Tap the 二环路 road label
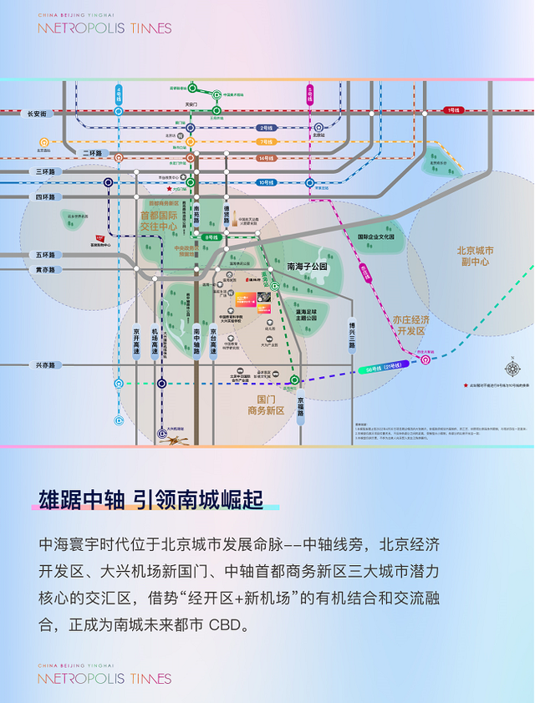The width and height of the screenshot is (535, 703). pyautogui.click(x=93, y=153)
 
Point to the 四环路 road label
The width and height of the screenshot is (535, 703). pyautogui.click(x=45, y=197)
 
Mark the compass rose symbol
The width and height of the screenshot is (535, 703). pyautogui.click(x=512, y=368)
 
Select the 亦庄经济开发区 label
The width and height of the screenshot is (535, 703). pyautogui.click(x=410, y=324)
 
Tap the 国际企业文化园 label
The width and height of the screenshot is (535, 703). pyautogui.click(x=380, y=237)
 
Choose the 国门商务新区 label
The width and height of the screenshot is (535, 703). pyautogui.click(x=267, y=405)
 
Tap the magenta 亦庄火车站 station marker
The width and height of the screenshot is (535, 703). pyautogui.click(x=425, y=360)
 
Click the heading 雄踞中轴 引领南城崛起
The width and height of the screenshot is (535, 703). pyautogui.click(x=150, y=500)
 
